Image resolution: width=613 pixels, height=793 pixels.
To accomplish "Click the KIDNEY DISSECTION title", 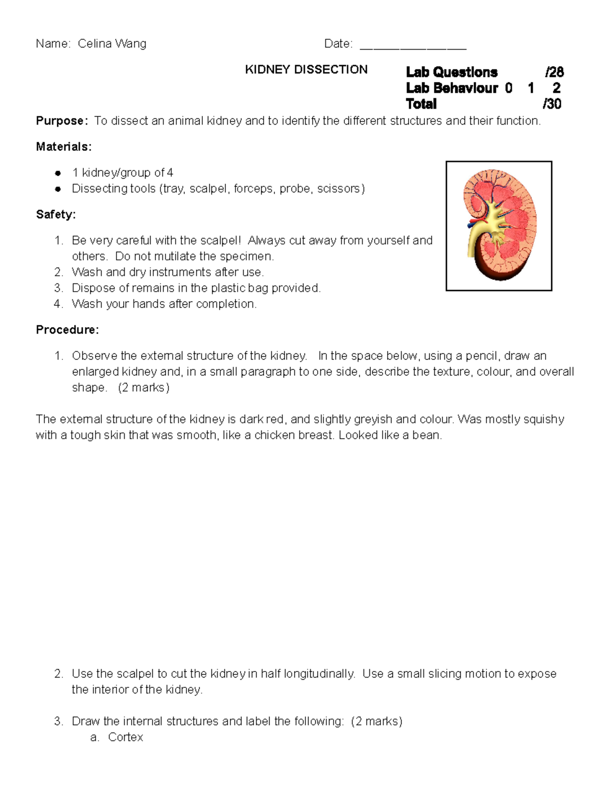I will coord(306,69).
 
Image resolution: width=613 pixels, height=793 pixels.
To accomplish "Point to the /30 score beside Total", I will coord(552,104).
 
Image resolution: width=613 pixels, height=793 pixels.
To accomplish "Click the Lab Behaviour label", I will coord(452,88).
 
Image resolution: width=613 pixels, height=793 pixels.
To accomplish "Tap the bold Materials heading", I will coord(63,147).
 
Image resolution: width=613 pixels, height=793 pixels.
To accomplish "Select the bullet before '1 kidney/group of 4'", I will coord(58,173).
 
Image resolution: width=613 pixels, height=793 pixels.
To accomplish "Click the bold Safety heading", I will coord(56,214).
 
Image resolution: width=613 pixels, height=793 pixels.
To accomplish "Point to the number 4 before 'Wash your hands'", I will coord(58,304).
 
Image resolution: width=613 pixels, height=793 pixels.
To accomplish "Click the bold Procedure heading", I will coord(67,330).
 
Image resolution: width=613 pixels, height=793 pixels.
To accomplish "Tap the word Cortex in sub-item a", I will coord(125,737).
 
